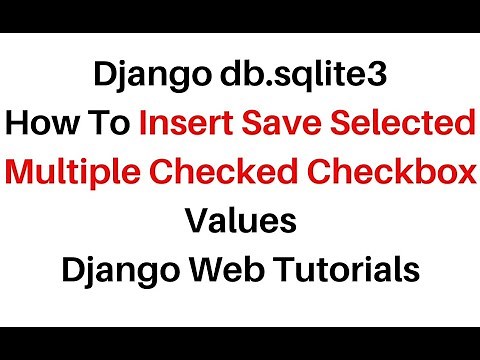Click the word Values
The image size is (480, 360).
pyautogui.click(x=240, y=220)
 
